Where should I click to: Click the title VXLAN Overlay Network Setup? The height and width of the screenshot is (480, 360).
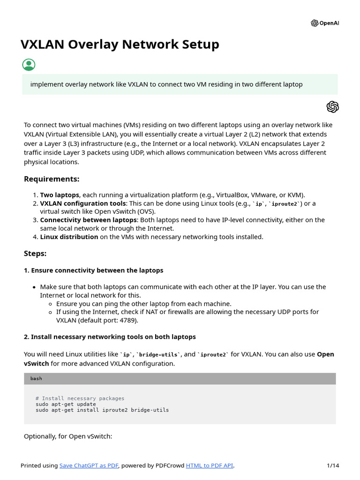coord(120,45)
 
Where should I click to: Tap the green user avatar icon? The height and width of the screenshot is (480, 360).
coord(29,65)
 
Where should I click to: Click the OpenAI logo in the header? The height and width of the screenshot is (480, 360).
coord(324,23)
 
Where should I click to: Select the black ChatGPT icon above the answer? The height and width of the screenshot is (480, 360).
coord(332,107)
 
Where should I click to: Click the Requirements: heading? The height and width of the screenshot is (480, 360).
coord(52,179)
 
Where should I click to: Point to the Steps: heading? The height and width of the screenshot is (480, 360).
coord(35,254)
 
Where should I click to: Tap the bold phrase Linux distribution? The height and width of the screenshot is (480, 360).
coord(69,237)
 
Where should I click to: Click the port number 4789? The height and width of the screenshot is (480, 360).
coord(127,321)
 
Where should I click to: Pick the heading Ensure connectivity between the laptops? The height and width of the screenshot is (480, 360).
coord(93,270)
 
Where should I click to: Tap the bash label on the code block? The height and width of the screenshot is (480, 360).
coord(36,379)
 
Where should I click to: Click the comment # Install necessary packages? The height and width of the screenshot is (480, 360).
coord(80,398)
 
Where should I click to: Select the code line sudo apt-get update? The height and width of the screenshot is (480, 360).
coord(66,404)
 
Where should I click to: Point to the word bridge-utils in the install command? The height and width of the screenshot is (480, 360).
coord(150,410)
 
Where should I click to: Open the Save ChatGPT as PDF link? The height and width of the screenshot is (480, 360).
coord(89,465)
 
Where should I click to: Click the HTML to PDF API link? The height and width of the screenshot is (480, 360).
coord(209,465)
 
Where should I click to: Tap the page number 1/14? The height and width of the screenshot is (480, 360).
coord(333,465)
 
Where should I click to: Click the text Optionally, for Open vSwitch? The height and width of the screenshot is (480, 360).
coord(68,436)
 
